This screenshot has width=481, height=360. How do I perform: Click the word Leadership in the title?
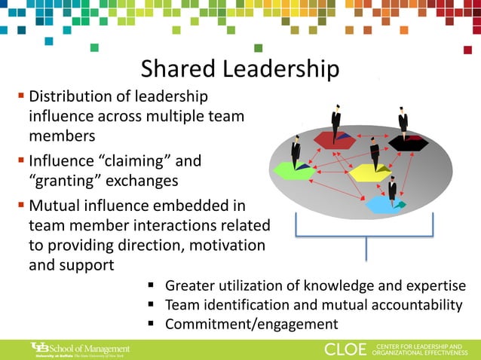coord(280,70)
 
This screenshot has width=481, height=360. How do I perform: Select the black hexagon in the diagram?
coord(408,142)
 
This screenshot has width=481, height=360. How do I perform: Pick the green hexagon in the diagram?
coord(294,171)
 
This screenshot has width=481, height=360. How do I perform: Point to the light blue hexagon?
coord(384,204)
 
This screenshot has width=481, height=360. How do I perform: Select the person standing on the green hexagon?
coord(296,152)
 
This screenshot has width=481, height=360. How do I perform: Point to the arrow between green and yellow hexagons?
coord(332,172)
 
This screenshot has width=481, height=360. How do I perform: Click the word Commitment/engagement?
coord(251,325)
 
